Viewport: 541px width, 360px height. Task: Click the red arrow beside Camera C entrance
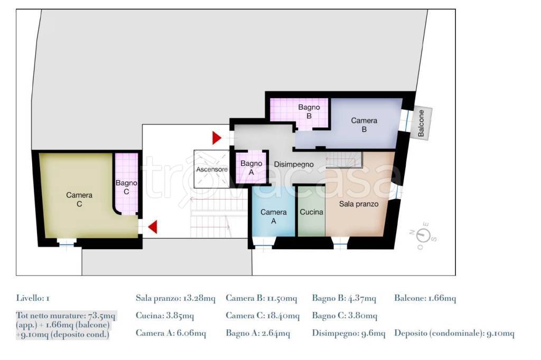pyautogui.click(x=153, y=227)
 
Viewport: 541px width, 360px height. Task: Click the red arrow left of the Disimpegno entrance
pyautogui.click(x=217, y=138)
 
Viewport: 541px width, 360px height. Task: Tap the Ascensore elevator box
pyautogui.click(x=211, y=169)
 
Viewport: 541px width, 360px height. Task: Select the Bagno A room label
pyautogui.click(x=251, y=167)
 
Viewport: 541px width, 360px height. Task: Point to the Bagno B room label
pyautogui.click(x=309, y=111)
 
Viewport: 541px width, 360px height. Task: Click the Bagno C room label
pyautogui.click(x=126, y=187)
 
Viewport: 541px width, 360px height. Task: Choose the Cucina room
pyautogui.click(x=312, y=212)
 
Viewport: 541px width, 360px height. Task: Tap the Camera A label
pyautogui.click(x=273, y=216)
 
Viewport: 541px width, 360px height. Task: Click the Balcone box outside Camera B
pyautogui.click(x=421, y=123)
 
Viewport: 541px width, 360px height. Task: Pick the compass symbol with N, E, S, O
pyautogui.click(x=423, y=236)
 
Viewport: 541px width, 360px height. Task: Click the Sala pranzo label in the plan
pyautogui.click(x=359, y=204)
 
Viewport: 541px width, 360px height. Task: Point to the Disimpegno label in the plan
pyautogui.click(x=294, y=164)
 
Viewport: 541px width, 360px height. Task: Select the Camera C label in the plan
pyautogui.click(x=79, y=200)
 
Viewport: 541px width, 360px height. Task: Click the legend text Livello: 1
pyautogui.click(x=33, y=298)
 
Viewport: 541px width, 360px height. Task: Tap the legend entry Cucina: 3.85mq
pyautogui.click(x=165, y=316)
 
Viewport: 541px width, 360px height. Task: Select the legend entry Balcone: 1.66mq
pyautogui.click(x=425, y=298)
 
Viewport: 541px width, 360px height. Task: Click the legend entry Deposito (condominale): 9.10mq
pyautogui.click(x=454, y=333)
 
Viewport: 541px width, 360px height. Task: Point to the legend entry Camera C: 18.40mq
pyautogui.click(x=263, y=316)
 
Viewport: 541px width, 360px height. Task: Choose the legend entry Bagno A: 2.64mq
pyautogui.click(x=258, y=333)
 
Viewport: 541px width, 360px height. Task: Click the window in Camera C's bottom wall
pyautogui.click(x=66, y=243)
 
